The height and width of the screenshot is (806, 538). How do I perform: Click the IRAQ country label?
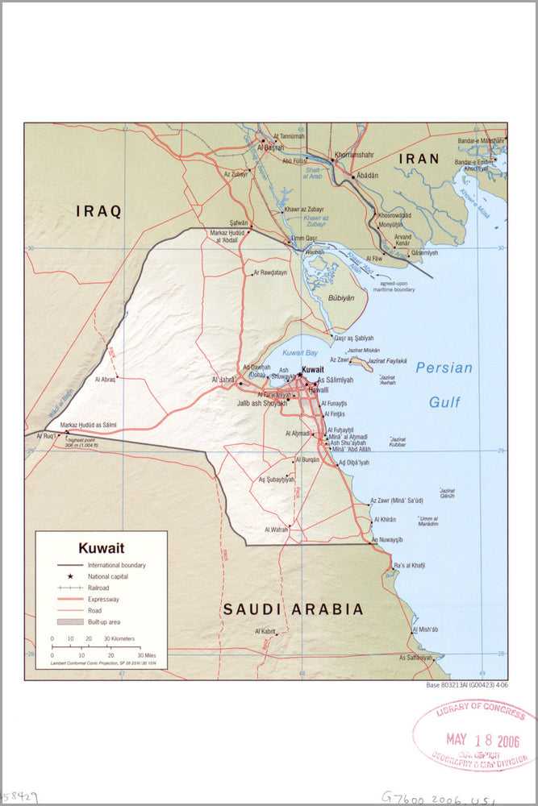click(98, 212)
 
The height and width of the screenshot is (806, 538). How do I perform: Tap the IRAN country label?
click(418, 160)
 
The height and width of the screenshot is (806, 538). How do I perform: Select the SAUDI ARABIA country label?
click(293, 609)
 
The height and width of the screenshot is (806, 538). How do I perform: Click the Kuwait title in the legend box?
click(101, 548)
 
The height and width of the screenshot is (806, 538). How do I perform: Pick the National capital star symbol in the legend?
click(70, 576)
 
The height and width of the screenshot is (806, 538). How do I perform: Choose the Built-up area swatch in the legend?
click(70, 621)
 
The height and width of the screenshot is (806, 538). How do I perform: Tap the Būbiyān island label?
click(340, 297)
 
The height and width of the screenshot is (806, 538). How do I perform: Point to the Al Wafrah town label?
click(276, 530)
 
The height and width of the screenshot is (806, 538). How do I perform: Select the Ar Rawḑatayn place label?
click(270, 272)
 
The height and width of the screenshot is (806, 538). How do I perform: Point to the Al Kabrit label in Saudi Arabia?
click(265, 631)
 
